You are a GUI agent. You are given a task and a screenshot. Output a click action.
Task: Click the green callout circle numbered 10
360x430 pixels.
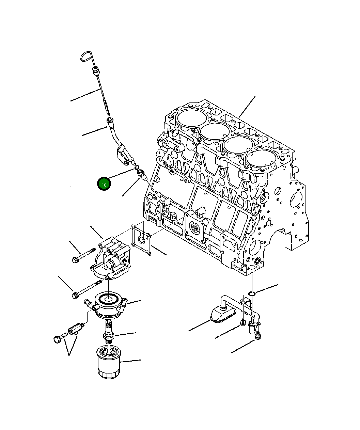click(104, 184)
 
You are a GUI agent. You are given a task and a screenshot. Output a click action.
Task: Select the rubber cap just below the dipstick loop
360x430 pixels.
click(95, 71)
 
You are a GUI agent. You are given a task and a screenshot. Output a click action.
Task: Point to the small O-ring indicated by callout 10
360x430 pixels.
click(136, 167)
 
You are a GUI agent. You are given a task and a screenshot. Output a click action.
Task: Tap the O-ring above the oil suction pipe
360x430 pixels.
click(252, 293)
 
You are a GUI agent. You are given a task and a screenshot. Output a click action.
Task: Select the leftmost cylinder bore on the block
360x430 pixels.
click(191, 117)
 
